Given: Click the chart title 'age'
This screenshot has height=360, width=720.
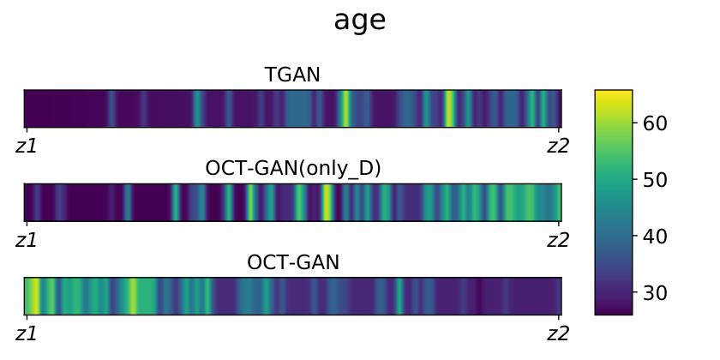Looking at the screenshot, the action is coord(359,21).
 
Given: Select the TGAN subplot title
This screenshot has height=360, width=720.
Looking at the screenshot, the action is coord(292,75).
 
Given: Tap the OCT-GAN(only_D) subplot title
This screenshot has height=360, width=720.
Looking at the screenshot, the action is coord(293,169).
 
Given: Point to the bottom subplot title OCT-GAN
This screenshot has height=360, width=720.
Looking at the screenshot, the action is coord(293,262).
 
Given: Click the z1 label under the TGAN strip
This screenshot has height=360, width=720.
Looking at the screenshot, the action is coord(27,146).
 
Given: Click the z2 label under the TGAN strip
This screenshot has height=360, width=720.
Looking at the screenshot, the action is coord(558,146).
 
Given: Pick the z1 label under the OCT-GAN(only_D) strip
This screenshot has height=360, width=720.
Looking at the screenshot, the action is coord(27,240).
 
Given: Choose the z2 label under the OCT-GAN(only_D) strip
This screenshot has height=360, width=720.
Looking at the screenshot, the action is coord(558,240).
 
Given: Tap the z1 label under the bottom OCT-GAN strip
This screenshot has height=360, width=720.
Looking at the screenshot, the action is coord(27,333).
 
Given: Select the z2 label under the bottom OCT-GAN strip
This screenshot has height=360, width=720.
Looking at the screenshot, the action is coord(558,333).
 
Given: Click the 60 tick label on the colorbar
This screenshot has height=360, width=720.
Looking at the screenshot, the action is coord(655,123).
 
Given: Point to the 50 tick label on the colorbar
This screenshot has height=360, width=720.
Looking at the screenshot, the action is coord(655,179).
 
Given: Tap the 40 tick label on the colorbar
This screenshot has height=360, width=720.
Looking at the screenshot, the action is coord(655,236).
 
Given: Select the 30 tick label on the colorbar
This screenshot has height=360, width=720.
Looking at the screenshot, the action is coord(655,292).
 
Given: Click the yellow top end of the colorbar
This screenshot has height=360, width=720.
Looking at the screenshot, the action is coord(614,93).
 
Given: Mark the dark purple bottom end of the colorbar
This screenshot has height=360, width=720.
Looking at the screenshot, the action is coord(614,310).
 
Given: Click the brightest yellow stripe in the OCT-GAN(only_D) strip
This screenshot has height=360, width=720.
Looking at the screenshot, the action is coord(327,202).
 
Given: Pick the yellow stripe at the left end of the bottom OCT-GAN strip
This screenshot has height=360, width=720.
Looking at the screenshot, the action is coord(33,297).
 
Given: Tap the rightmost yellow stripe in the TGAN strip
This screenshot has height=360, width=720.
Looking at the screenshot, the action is coord(449,108).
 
